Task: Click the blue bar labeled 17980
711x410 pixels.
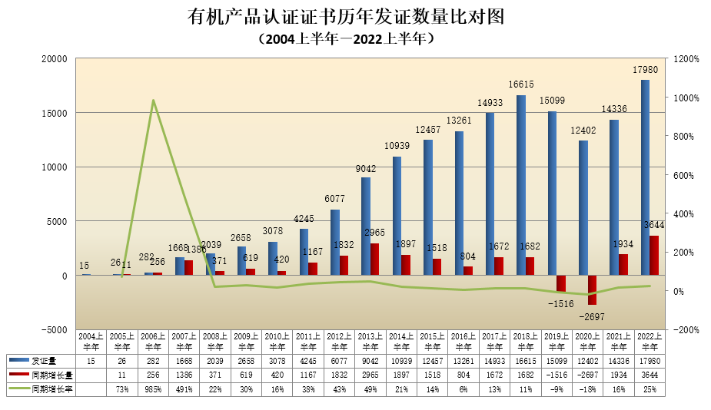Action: pos(645,177)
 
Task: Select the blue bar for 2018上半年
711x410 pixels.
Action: pos(520,184)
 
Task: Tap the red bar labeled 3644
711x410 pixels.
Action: pos(654,255)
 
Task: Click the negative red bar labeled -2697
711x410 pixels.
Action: pos(592,289)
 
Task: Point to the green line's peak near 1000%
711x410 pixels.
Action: pos(153,101)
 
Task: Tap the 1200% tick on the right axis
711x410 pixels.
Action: pos(686,58)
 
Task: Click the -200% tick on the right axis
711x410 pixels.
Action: pos(686,329)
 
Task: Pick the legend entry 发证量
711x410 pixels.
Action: pos(43,361)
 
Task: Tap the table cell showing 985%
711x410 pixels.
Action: pos(153,389)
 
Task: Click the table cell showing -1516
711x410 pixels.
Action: pos(557,375)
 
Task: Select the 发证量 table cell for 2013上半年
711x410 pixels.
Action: pos(370,361)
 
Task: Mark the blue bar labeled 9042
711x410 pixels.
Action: pos(366,226)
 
